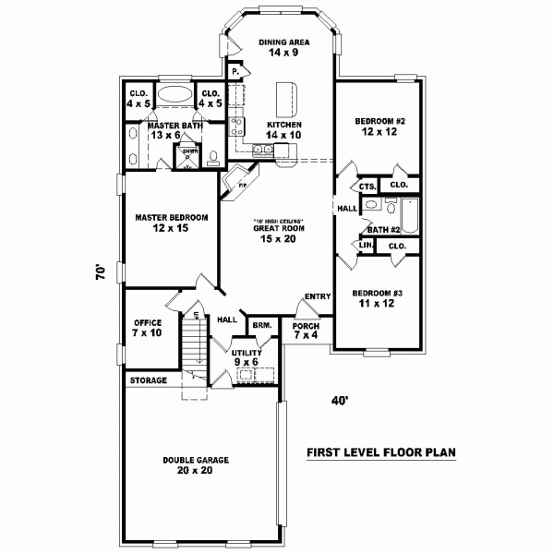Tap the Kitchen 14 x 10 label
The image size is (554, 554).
coord(283,129)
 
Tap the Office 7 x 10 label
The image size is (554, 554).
coord(148,327)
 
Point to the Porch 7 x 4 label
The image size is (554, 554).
coord(306,331)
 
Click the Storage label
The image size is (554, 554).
coord(148,379)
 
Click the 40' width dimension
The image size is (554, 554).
coord(342,401)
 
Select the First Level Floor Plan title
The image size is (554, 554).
coord(381,452)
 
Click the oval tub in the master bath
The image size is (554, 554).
coord(174,95)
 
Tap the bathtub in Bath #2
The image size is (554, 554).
coord(412,217)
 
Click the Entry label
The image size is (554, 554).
coord(317,295)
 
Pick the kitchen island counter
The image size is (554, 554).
coord(285,95)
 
